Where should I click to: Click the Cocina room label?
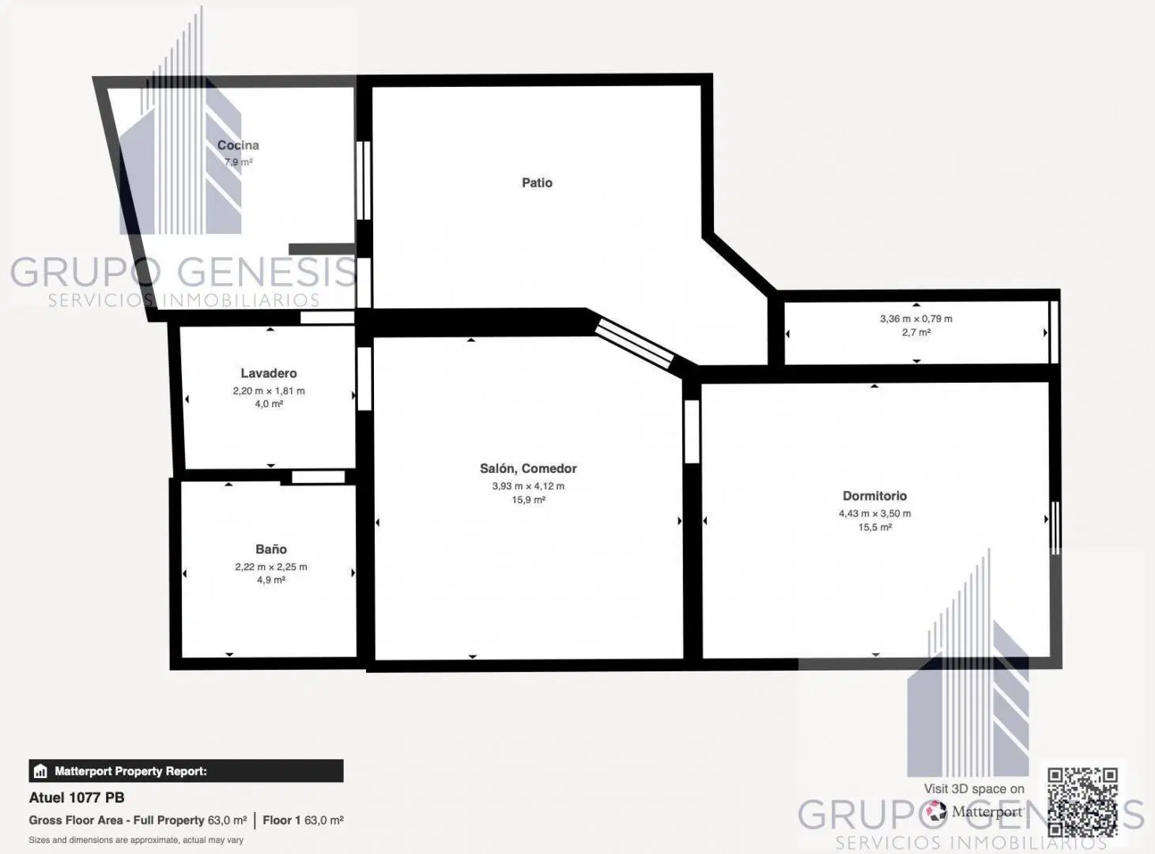click(238, 145)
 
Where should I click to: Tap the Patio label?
click(537, 183)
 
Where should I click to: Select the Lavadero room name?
click(269, 373)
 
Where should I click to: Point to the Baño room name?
click(271, 550)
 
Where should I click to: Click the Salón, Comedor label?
click(528, 468)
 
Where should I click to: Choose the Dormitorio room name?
click(875, 496)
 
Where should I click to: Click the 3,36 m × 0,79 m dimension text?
click(916, 319)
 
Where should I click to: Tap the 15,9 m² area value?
click(528, 500)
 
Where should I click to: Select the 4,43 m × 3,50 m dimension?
click(875, 513)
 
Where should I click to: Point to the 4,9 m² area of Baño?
click(271, 580)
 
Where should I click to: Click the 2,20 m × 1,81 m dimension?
click(269, 391)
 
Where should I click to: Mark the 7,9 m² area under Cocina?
click(239, 162)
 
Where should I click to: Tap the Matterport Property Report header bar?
click(186, 771)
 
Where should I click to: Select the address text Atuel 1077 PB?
click(77, 798)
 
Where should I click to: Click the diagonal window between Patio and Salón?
click(634, 343)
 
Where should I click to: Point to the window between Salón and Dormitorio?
click(692, 432)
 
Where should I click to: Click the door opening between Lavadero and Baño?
click(318, 477)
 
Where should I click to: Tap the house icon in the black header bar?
click(40, 771)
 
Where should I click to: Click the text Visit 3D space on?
click(974, 789)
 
